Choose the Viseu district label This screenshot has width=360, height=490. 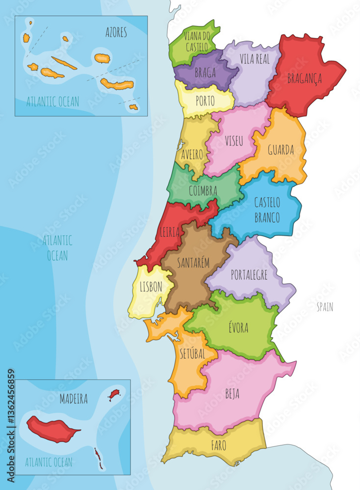[x=234, y=141]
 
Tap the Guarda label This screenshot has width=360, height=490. [x=281, y=149]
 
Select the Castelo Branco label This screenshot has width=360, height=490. [x=267, y=210]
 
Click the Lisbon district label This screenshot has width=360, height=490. [x=151, y=287]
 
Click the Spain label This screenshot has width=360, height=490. [x=325, y=307]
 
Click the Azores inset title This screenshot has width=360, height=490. [x=116, y=33]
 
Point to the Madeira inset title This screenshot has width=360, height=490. [x=74, y=399]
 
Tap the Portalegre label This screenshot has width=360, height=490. [x=249, y=275]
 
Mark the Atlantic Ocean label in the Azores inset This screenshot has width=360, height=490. [x=52, y=101]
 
